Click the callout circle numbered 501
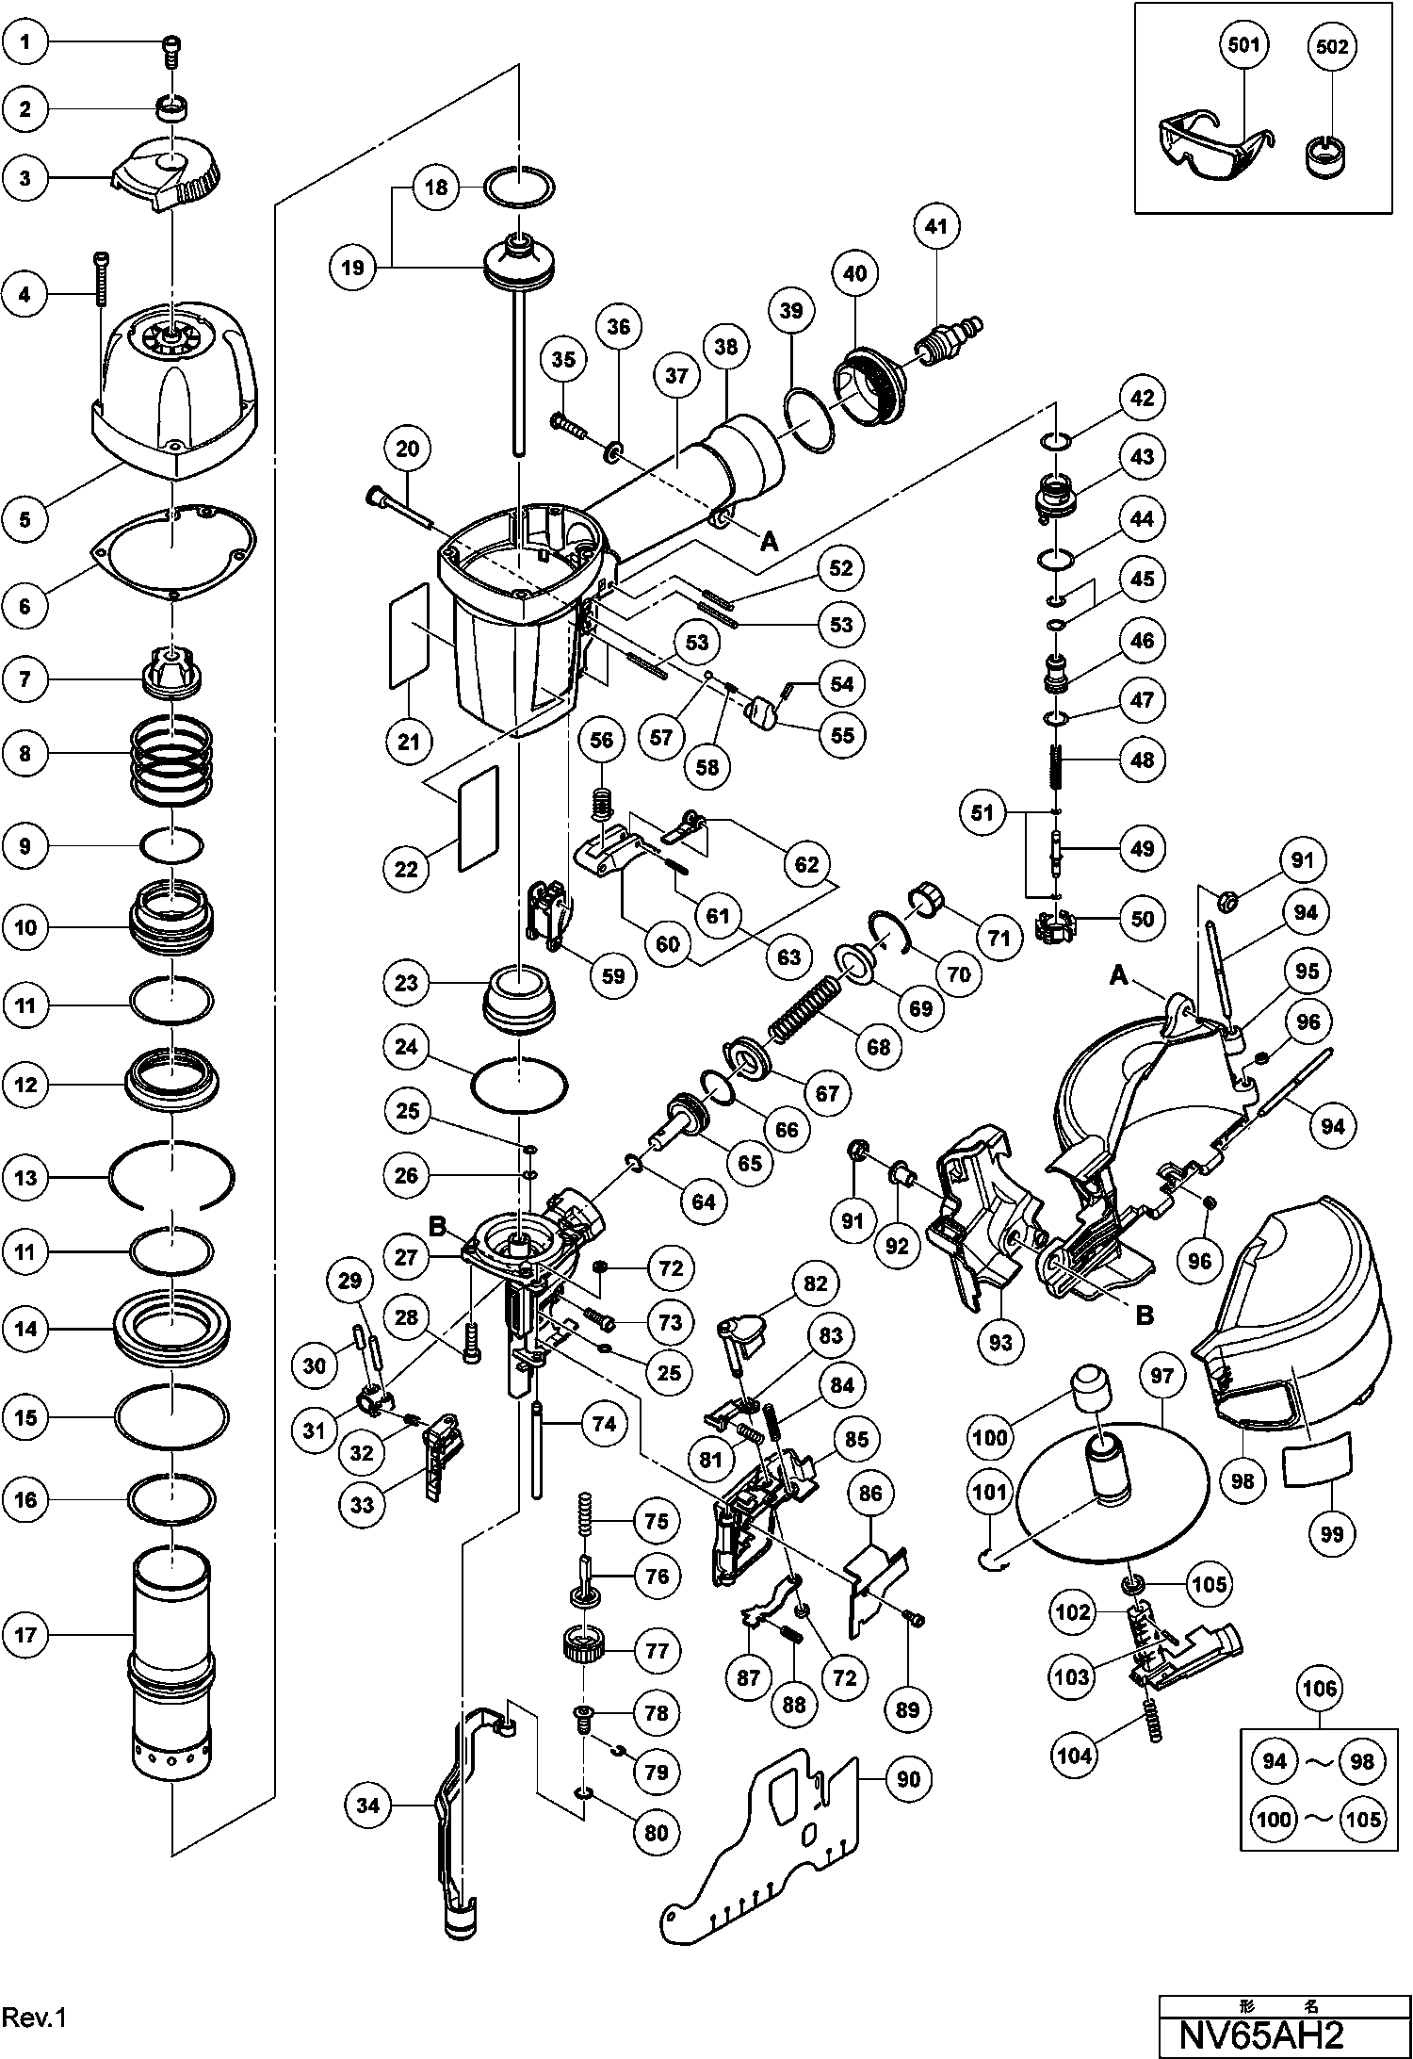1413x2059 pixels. coord(1243,46)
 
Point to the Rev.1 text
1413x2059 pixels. coord(34,2018)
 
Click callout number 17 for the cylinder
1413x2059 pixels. coord(25,1635)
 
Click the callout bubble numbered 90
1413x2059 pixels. coord(907,1779)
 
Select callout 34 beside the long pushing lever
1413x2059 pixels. coord(368,1806)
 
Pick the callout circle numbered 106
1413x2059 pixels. coord(1319,1690)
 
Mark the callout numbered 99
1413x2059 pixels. coord(1332,1533)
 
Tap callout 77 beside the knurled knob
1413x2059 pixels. coord(656,1650)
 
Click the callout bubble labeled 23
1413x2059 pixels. coord(407,983)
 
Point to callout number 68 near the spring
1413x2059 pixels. coord(878,1047)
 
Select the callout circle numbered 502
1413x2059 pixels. coord(1332,46)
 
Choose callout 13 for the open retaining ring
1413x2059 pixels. coord(25,1177)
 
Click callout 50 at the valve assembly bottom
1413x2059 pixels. coord(1142,918)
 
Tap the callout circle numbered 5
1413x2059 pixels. coord(25,519)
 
